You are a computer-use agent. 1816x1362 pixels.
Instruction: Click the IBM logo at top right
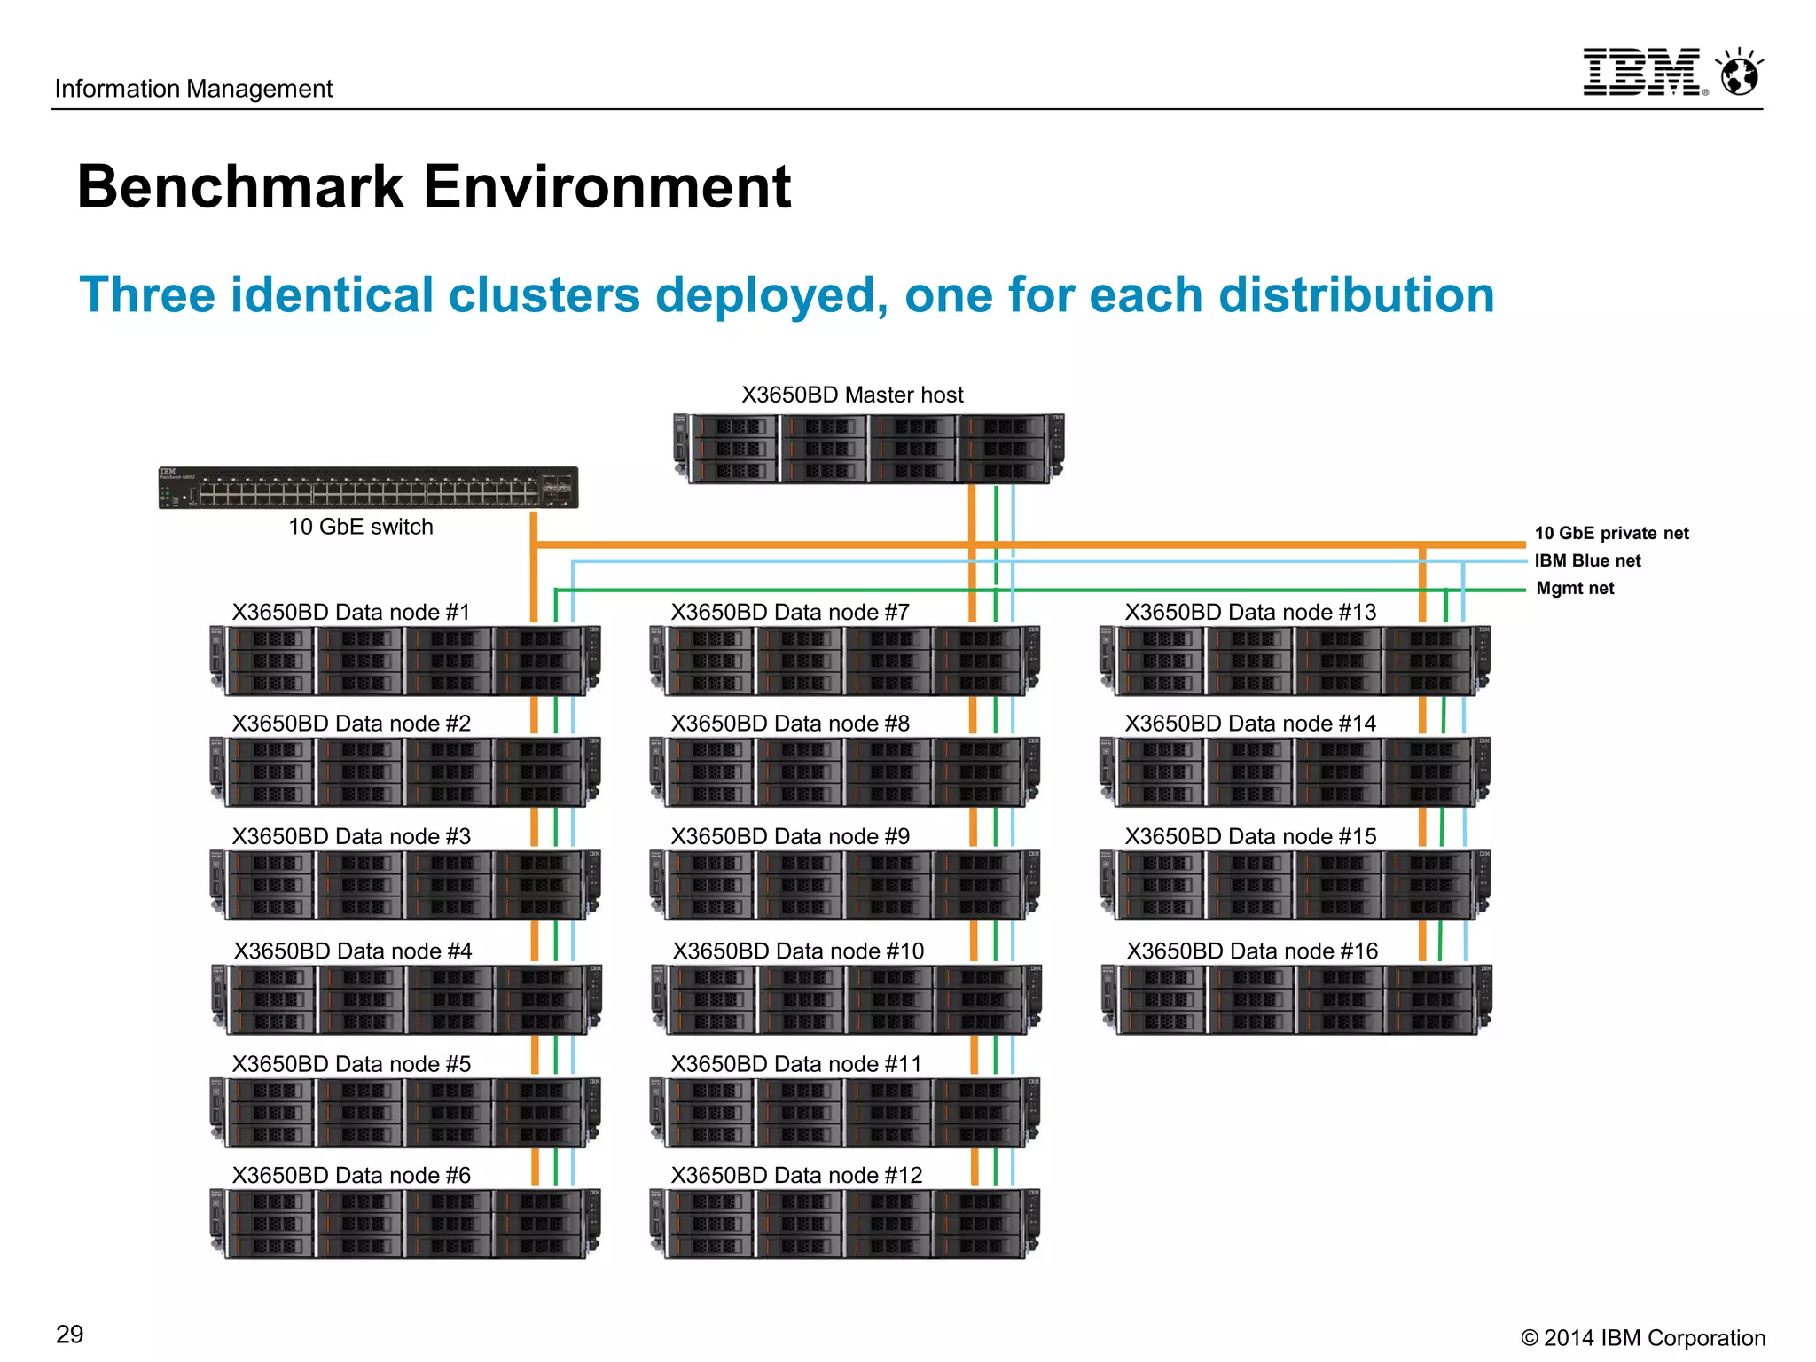tap(1643, 72)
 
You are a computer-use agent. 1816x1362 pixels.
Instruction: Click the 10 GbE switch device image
tap(368, 488)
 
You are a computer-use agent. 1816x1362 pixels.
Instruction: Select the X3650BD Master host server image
tap(869, 449)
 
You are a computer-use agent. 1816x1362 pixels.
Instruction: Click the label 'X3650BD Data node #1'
tap(351, 612)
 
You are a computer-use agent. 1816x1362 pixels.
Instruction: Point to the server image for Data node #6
tap(405, 1224)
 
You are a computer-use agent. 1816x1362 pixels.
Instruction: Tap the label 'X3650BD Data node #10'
tap(798, 951)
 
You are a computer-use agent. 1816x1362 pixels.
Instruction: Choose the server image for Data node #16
tap(1296, 999)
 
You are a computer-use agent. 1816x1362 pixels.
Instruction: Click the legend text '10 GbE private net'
tap(1611, 533)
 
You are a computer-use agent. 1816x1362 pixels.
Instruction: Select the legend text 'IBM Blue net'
tap(1587, 560)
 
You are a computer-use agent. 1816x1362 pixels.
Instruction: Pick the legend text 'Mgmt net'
tap(1575, 588)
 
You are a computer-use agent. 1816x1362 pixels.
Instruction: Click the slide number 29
tap(69, 1334)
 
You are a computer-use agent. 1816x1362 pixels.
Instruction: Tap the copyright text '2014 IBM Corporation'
tap(1654, 1337)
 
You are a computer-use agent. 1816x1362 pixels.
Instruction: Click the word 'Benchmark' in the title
tap(240, 187)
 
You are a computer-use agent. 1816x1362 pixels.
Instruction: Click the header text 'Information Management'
tap(193, 89)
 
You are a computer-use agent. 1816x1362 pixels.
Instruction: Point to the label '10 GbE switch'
tap(360, 527)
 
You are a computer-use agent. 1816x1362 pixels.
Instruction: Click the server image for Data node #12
tap(845, 1224)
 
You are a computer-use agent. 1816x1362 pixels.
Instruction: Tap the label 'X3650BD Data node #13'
tap(1250, 612)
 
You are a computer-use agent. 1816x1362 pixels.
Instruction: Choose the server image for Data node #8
tap(845, 771)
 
